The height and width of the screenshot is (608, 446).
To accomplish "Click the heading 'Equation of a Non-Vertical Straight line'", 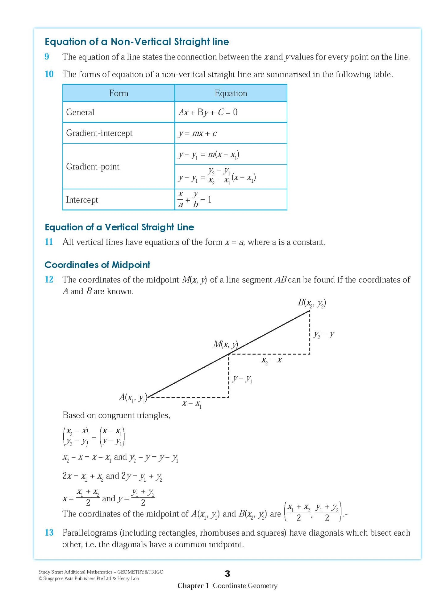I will tap(137, 42).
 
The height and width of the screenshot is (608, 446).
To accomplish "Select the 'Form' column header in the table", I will tap(119, 93).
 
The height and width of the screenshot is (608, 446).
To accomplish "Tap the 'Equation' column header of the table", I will tap(231, 93).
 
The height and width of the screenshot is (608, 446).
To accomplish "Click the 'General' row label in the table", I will tap(80, 112).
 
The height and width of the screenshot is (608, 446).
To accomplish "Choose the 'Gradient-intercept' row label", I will tap(99, 133).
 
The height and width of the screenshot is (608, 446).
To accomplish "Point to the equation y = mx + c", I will tap(198, 133).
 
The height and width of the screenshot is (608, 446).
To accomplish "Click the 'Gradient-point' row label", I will tap(93, 167).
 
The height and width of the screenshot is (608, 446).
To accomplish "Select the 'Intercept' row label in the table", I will tap(82, 200).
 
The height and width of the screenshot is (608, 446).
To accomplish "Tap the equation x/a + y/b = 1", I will tap(194, 200).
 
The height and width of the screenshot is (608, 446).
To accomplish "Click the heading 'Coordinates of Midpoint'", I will tap(97, 265).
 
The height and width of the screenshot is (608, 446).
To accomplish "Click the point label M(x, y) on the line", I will tap(225, 345).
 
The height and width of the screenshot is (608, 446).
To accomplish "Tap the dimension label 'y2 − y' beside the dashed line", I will tap(323, 335).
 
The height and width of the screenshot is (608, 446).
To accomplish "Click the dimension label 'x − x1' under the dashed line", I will tap(192, 404).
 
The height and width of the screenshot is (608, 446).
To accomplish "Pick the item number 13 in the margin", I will tap(49, 533).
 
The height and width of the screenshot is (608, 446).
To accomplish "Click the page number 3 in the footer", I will tap(227, 573).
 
